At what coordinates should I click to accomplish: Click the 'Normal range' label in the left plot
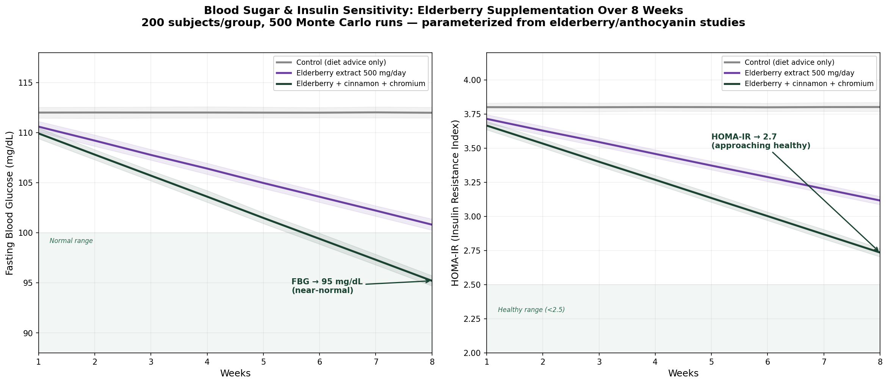click(71, 241)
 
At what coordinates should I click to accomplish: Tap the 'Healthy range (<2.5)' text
click(531, 310)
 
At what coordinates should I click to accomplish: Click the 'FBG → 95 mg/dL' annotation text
click(327, 282)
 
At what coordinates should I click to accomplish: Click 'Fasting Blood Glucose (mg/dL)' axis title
click(10, 203)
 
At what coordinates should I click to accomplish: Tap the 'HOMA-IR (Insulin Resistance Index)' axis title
click(455, 203)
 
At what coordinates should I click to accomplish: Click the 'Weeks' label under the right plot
click(683, 374)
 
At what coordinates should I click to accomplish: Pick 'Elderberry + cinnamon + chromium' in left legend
click(360, 84)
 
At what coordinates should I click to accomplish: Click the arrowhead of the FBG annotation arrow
click(430, 281)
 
